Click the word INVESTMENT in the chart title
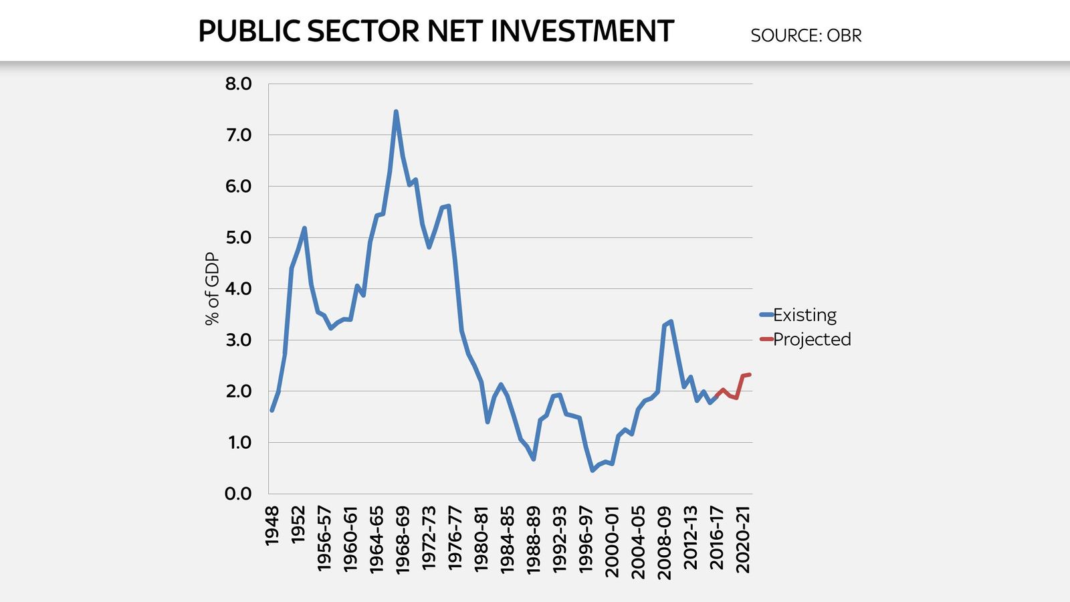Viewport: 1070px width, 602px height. coord(582,31)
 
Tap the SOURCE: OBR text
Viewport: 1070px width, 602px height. coord(806,35)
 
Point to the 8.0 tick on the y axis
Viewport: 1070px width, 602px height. coord(238,84)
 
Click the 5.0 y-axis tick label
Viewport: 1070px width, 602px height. coord(238,238)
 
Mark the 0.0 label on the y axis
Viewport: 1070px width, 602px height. coord(238,494)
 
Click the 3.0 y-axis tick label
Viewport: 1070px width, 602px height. coord(238,340)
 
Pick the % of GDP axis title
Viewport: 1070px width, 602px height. coord(212,289)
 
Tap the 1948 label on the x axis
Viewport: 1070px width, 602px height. coord(272,526)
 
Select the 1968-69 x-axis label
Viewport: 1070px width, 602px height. coord(403,539)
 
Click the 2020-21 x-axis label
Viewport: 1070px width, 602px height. coord(743,539)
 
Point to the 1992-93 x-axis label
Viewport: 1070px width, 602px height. coord(560,539)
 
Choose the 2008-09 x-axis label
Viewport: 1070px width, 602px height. coord(664,539)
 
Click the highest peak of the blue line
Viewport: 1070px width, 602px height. coord(396,112)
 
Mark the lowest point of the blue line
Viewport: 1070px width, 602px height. coord(593,470)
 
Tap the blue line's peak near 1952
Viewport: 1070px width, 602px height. coord(304,228)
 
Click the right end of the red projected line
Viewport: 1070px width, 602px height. coord(750,375)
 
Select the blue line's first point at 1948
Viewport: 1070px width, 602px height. coord(272,410)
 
